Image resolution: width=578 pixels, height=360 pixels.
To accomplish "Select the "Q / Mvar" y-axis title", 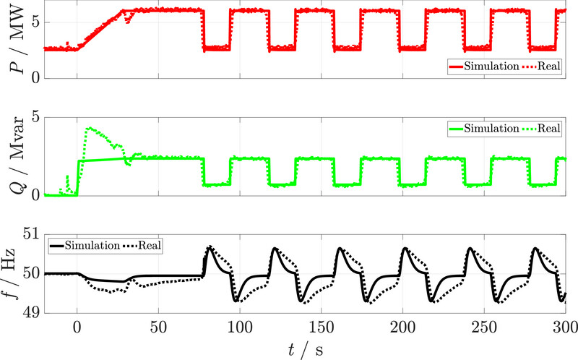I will pyautogui.click(x=13, y=155).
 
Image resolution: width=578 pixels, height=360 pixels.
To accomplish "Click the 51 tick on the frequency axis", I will pyautogui.click(x=33, y=233).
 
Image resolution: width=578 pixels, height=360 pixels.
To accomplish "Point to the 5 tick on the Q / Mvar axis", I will pyautogui.click(x=35, y=116).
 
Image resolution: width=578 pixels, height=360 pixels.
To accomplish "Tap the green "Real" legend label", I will pyautogui.click(x=549, y=129).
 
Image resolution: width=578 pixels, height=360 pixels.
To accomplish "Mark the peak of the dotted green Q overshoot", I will pyautogui.click(x=89, y=128).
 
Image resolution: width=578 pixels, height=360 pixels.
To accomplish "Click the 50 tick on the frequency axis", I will pyautogui.click(x=33, y=273).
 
